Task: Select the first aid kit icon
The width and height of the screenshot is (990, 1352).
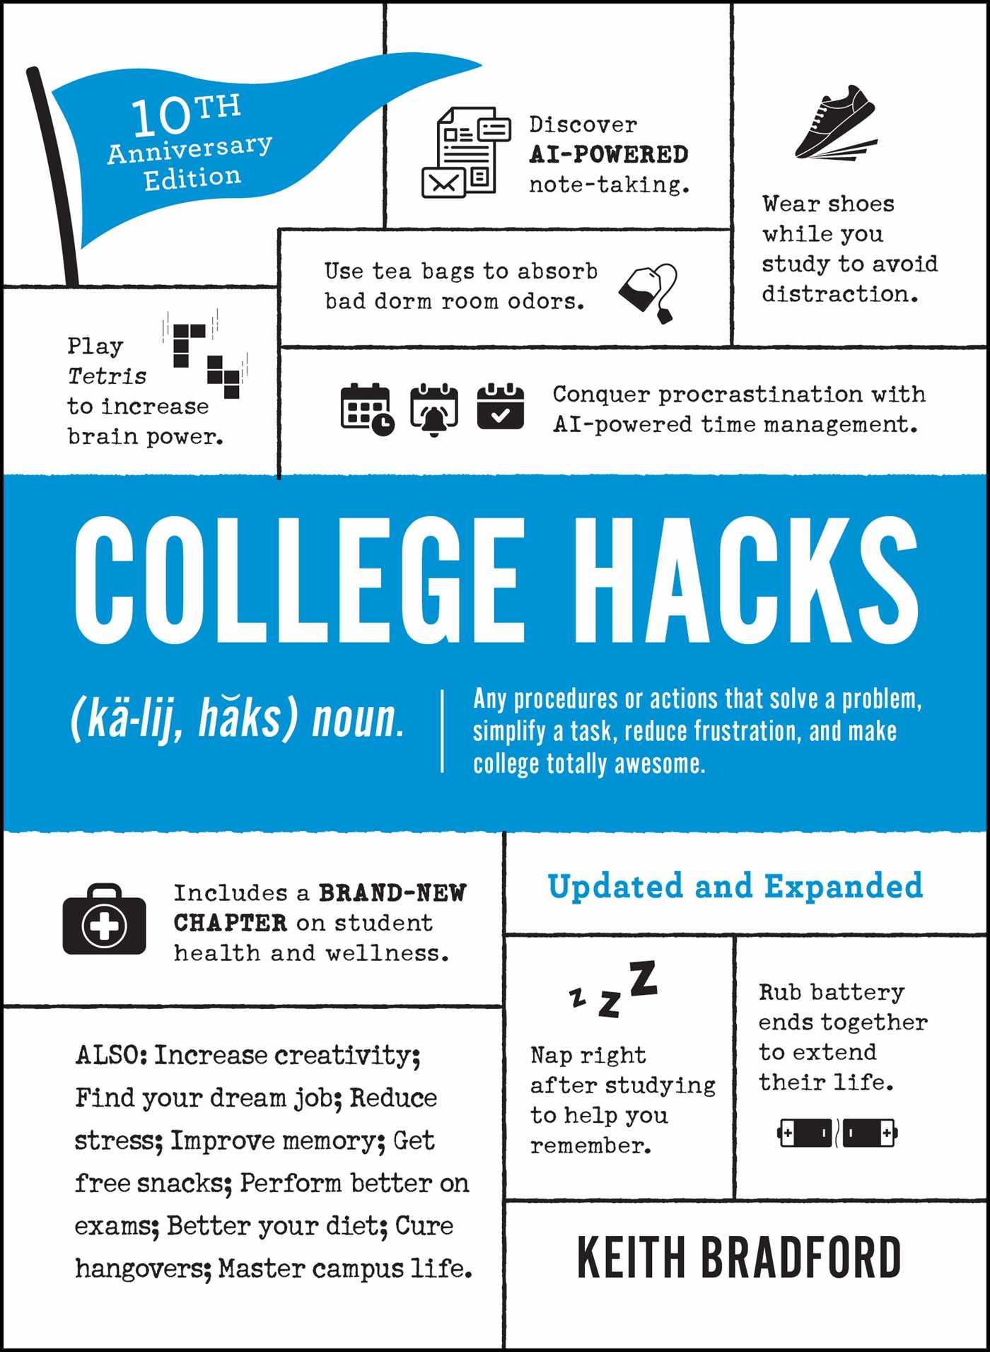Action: pos(105,920)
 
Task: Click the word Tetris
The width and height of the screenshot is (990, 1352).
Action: pos(107,376)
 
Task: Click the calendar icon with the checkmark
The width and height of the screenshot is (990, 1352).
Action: pos(500,407)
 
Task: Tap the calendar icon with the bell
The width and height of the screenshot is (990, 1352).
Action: pos(433,409)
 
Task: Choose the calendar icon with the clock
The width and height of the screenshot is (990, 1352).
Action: pos(366,409)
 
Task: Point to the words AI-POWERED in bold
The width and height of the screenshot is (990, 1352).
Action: pos(609,154)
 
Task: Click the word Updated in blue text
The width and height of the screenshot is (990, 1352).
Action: pos(615,886)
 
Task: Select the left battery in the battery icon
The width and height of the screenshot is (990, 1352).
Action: pos(805,1133)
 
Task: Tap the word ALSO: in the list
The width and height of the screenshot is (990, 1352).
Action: pos(111,1055)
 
